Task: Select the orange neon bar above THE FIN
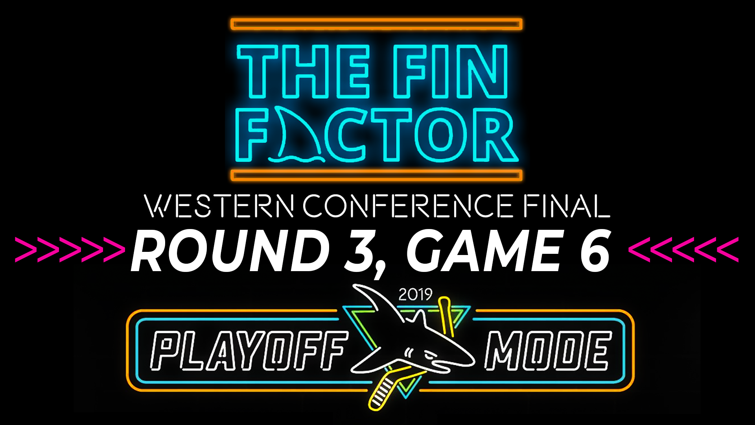[x=377, y=24]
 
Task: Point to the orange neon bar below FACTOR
[x=377, y=175]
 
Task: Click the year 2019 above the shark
[x=415, y=294]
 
